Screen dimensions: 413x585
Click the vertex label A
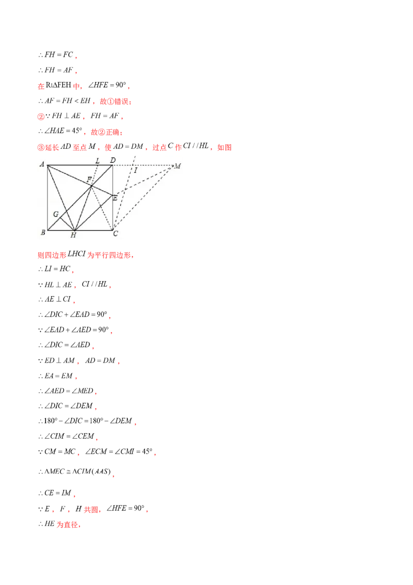pos(41,164)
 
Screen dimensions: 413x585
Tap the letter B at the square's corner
pos(42,233)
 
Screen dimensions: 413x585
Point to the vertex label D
pos(113,160)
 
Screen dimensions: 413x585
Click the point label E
pos(115,198)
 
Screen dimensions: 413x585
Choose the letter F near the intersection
pos(89,180)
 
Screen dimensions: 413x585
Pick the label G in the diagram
pos(55,213)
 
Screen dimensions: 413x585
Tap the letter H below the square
pos(73,235)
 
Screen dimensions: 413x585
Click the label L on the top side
pos(97,160)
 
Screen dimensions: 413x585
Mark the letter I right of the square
pos(136,170)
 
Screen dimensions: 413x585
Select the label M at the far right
pos(178,166)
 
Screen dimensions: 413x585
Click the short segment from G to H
pos(67,224)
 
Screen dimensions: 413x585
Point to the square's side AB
pos(47,199)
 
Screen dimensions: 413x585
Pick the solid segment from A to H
pos(61,197)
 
